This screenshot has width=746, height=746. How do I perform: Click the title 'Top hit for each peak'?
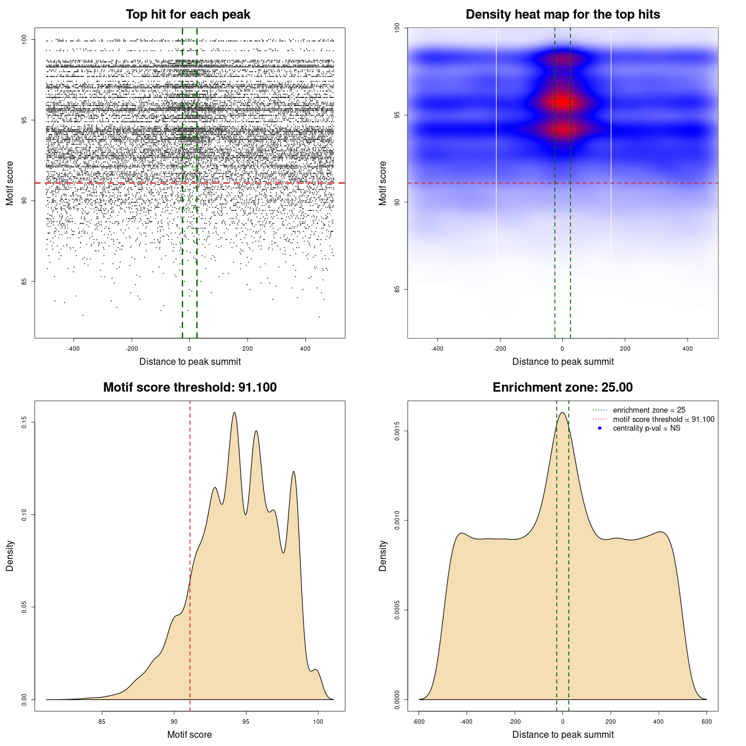pos(188,15)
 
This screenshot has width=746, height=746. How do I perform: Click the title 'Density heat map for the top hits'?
pos(562,15)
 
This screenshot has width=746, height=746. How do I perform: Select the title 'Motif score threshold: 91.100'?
pos(189,388)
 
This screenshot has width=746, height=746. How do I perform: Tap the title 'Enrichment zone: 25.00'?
pos(562,388)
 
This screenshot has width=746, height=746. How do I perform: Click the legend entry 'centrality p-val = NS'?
pos(646,428)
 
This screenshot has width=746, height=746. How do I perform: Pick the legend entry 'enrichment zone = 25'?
pos(649,410)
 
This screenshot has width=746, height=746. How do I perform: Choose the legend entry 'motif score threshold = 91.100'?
pos(663,420)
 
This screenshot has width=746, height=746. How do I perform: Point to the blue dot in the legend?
pos(600,428)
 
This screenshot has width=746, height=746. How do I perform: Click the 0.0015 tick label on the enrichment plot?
pos(397,431)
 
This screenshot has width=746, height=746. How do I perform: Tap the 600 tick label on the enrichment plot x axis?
pos(707,722)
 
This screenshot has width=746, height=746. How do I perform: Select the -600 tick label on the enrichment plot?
pos(418,722)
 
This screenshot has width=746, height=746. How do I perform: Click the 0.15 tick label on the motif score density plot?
pos(24,422)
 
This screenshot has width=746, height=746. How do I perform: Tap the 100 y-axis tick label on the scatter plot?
pos(24,40)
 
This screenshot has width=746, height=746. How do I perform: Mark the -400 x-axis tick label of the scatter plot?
pos(73,349)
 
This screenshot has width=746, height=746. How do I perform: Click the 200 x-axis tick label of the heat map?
pos(625,349)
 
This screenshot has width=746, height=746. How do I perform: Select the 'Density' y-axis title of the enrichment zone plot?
pos(383,555)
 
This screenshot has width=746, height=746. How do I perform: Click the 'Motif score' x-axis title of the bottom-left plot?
pos(189,734)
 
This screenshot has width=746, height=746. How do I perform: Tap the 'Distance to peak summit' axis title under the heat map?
pos(562,361)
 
